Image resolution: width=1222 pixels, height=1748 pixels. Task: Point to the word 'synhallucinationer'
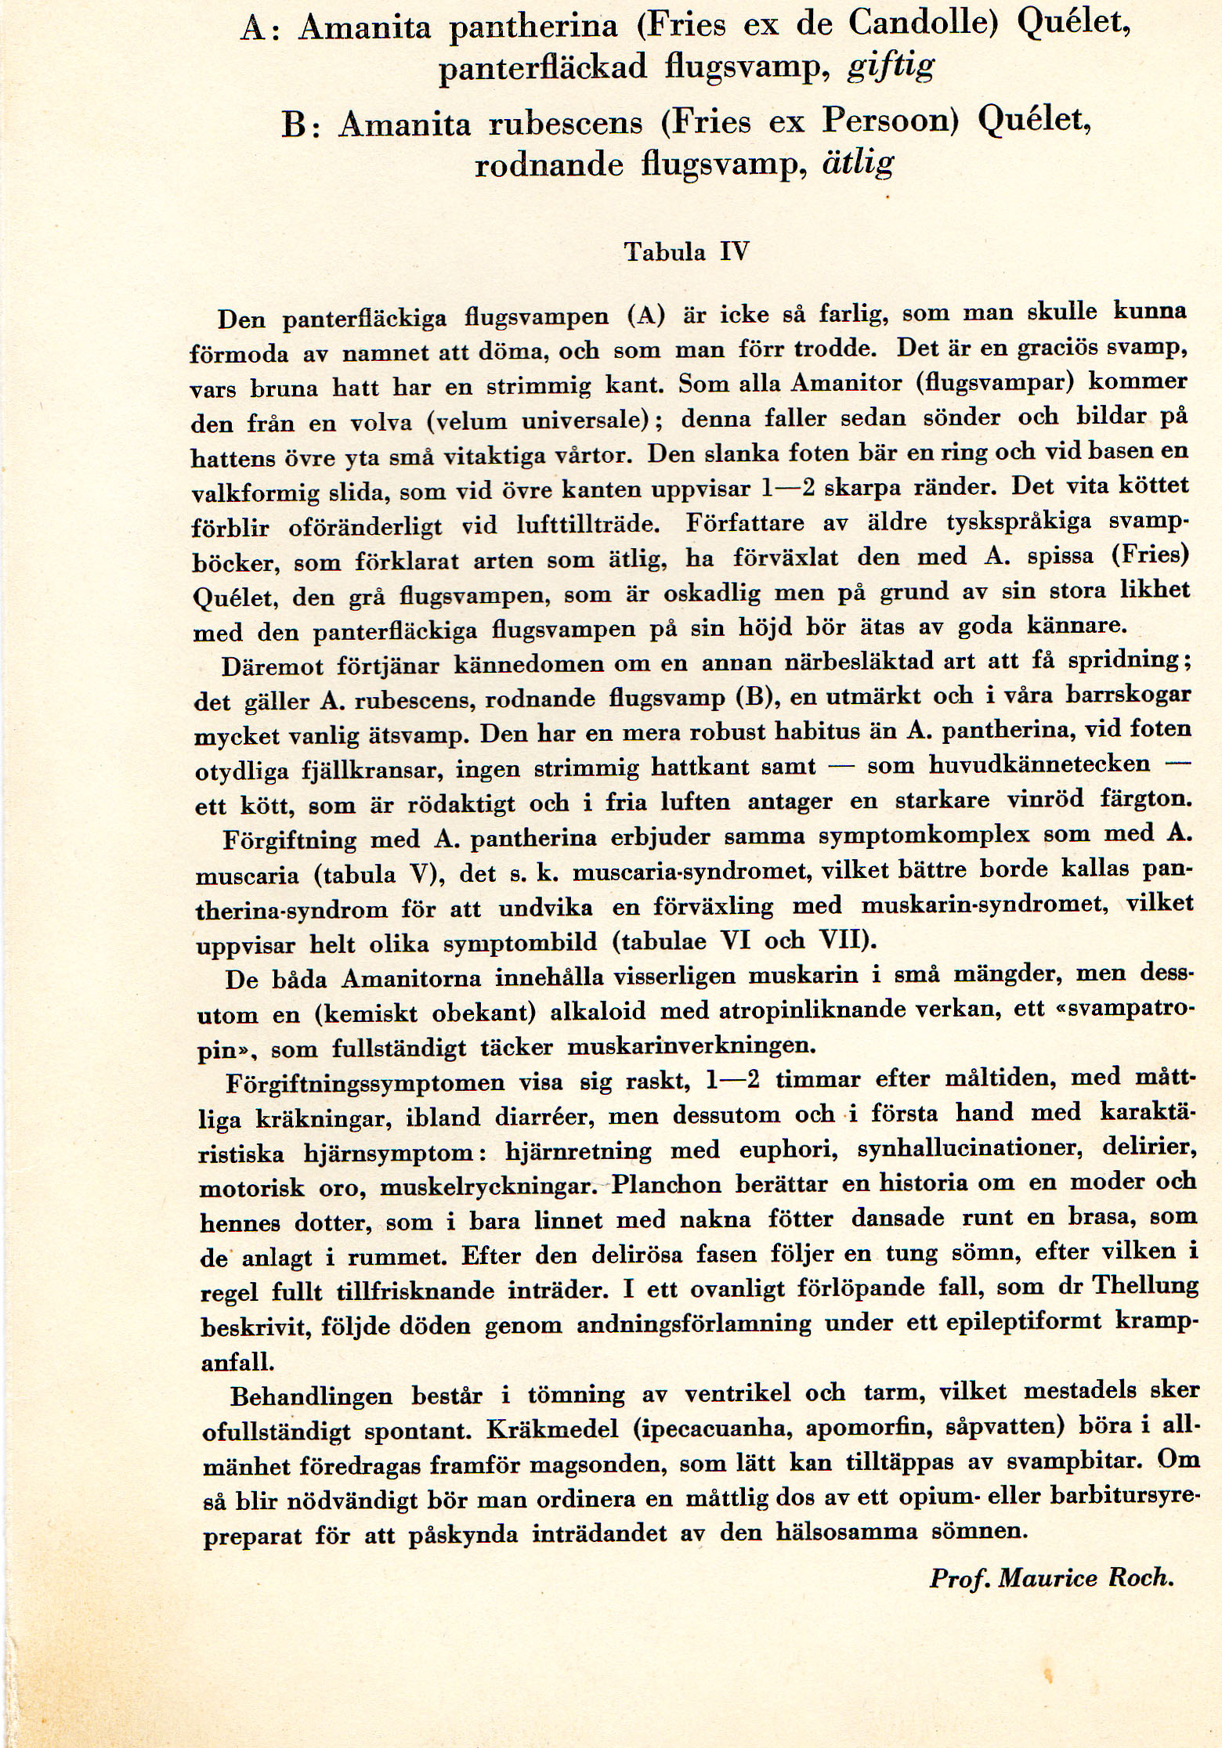(x=965, y=1149)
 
